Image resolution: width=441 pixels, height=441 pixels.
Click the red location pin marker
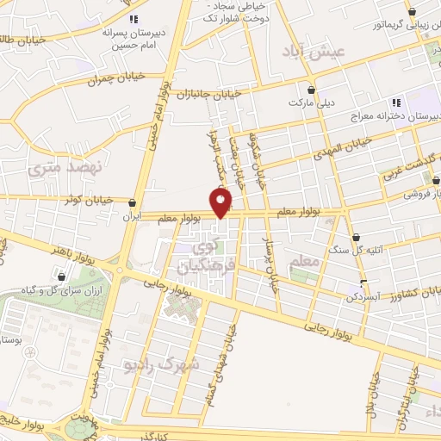click(x=221, y=202)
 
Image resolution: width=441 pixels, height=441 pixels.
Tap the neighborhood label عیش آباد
click(x=319, y=53)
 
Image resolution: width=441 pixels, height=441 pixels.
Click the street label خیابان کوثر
click(x=89, y=200)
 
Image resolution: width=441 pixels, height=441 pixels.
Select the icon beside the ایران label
click(x=132, y=203)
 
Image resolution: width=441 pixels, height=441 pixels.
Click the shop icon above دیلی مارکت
click(x=311, y=89)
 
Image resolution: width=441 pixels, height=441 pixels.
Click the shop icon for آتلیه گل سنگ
click(x=356, y=236)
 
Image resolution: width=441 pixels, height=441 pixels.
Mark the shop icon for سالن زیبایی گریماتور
click(x=413, y=11)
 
